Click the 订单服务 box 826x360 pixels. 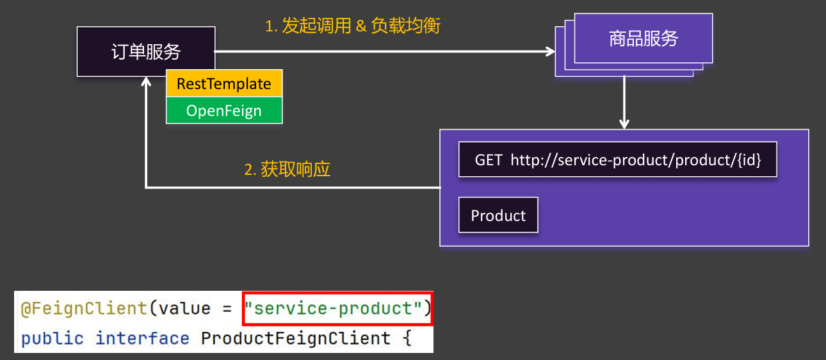[x=146, y=52]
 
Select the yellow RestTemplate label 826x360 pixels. [x=223, y=84]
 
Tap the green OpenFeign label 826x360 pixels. [x=223, y=110]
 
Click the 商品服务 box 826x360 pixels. [x=643, y=39]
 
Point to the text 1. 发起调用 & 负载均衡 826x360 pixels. [x=353, y=26]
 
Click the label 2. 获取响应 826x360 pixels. [x=287, y=170]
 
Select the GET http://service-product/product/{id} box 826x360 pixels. [x=617, y=160]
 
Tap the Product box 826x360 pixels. [x=498, y=215]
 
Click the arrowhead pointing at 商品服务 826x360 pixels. [x=550, y=51]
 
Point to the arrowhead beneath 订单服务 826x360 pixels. [x=147, y=82]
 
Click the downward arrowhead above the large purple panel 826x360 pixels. [x=624, y=124]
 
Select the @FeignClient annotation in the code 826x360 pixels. [x=84, y=309]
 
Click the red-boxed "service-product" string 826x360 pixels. [x=337, y=309]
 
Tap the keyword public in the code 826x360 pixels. [x=52, y=338]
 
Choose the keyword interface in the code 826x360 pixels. [x=142, y=338]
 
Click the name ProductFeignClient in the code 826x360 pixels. [x=295, y=338]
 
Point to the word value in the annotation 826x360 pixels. [x=184, y=309]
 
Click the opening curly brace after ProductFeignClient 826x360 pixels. [x=406, y=338]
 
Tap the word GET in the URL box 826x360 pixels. [x=489, y=160]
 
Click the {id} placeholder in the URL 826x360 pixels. [x=748, y=160]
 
